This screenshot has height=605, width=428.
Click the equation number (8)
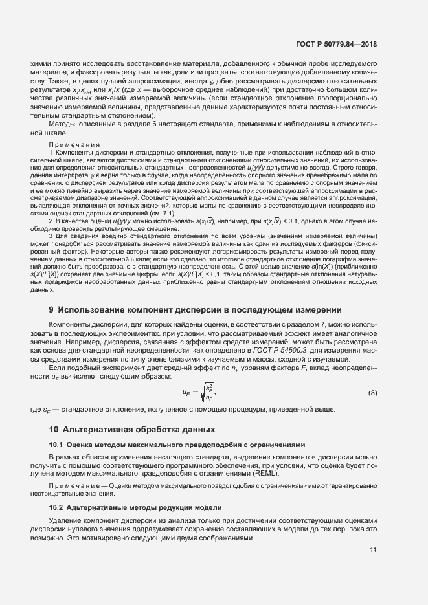(372, 393)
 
